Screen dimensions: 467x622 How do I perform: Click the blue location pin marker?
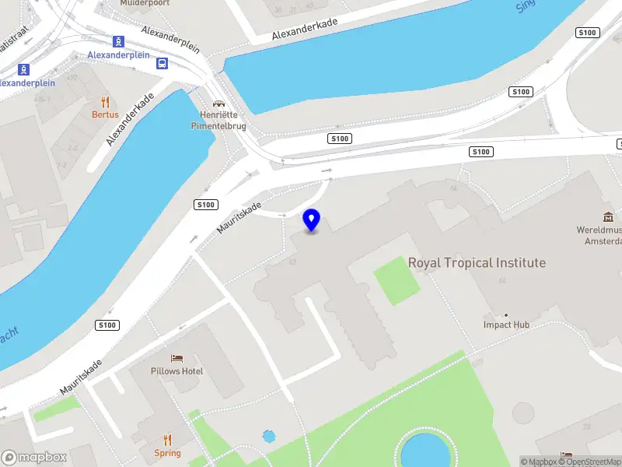[312, 220]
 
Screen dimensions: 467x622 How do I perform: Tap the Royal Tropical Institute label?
[477, 263]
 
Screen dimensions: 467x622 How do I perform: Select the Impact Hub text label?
[506, 325]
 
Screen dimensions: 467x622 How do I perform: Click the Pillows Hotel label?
[177, 371]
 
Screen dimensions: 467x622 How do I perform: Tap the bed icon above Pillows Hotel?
[177, 359]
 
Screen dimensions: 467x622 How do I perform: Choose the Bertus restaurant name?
[105, 114]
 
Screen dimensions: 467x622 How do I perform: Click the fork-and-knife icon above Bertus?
[105, 102]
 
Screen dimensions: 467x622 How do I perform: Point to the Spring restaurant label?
[167, 453]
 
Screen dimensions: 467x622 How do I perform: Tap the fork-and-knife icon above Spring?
[167, 441]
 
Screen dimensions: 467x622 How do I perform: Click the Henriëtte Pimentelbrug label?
[218, 119]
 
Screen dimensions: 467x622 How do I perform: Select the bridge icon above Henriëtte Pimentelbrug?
[218, 103]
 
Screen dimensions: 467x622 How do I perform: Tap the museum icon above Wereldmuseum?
[607, 217]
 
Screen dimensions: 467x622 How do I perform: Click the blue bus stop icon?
[162, 63]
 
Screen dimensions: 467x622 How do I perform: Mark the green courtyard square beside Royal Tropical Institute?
[397, 279]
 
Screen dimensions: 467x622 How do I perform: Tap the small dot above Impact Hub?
[506, 314]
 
